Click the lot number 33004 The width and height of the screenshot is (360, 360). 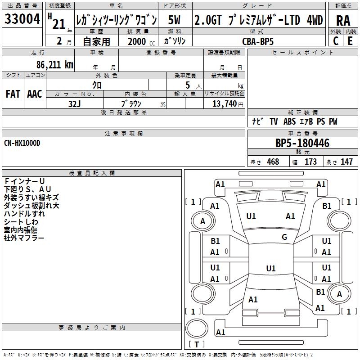tap(22, 19)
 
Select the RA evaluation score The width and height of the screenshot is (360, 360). tap(343, 20)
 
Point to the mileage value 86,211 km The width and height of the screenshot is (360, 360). tap(51, 65)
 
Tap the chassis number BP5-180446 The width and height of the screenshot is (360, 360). tap(302, 144)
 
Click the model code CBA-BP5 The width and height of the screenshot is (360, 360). tap(257, 41)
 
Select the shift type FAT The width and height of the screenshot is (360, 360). tap(13, 94)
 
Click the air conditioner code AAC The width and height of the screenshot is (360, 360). tap(35, 94)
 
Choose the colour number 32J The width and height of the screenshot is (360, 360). tap(74, 103)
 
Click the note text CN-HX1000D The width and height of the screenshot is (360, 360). tap(22, 143)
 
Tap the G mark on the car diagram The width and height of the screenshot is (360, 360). tap(284, 237)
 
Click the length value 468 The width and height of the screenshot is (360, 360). tap(273, 162)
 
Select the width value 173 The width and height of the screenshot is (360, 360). tap(310, 162)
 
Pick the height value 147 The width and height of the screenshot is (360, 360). tap(346, 162)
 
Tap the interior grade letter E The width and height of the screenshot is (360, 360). tap(350, 41)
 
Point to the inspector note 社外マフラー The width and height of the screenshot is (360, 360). tap(24, 238)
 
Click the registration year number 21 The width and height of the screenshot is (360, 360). tap(59, 24)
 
